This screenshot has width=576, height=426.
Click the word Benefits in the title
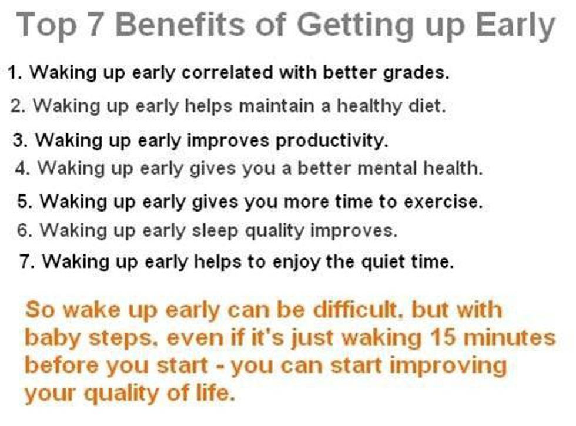pyautogui.click(x=180, y=24)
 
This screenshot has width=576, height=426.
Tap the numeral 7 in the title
pyautogui.click(x=95, y=25)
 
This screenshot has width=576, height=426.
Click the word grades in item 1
pyautogui.click(x=416, y=73)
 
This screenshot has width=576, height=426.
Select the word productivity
pyautogui.click(x=331, y=140)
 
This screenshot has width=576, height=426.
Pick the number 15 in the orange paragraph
pyautogui.click(x=444, y=337)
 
